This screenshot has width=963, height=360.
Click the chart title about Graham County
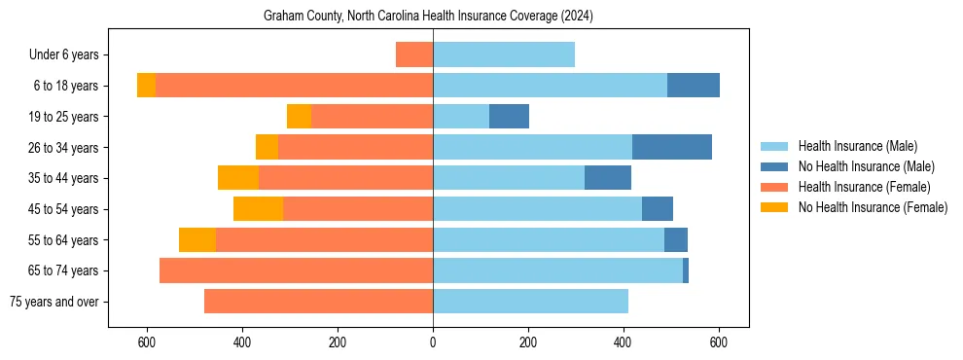pyautogui.click(x=428, y=17)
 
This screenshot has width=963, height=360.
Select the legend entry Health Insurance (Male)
pyautogui.click(x=857, y=146)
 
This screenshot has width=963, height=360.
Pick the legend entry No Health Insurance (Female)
pyautogui.click(x=873, y=207)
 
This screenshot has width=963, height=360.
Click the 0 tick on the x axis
pyautogui.click(x=433, y=343)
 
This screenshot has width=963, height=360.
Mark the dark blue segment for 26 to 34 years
pyautogui.click(x=671, y=147)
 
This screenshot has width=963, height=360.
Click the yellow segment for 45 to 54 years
pyautogui.click(x=258, y=209)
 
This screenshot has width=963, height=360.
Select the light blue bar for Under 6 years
pyautogui.click(x=504, y=54)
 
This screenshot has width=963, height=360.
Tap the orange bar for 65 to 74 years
pyautogui.click(x=296, y=270)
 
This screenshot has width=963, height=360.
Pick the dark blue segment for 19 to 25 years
pyautogui.click(x=509, y=117)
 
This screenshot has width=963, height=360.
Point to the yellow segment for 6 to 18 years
pyautogui.click(x=146, y=86)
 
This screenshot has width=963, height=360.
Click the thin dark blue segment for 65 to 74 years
pyautogui.click(x=686, y=270)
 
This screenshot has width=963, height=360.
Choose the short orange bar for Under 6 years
pyautogui.click(x=414, y=54)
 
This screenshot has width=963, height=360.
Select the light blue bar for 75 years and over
pyautogui.click(x=530, y=302)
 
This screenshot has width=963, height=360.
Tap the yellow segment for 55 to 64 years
pyautogui.click(x=197, y=240)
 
